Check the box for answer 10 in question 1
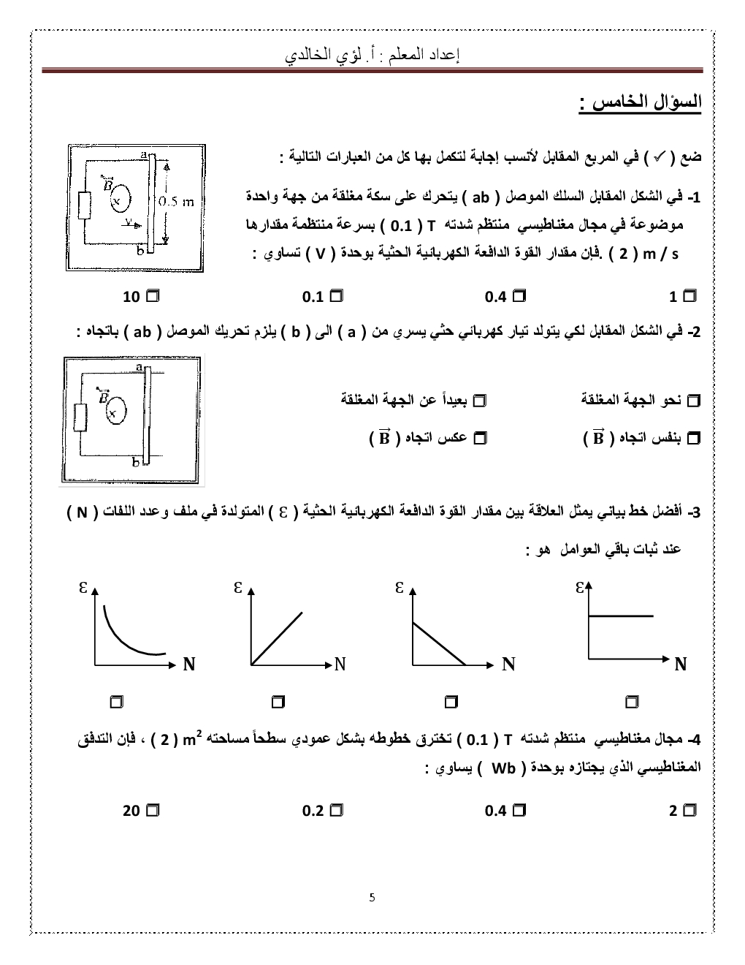click(x=153, y=296)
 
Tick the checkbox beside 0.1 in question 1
click(x=337, y=296)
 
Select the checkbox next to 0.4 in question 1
click(x=519, y=296)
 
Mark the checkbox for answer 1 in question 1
click(x=689, y=296)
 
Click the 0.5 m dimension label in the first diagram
click(x=177, y=202)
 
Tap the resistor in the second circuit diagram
click(x=80, y=417)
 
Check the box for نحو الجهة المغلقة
click(x=694, y=400)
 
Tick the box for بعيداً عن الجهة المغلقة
click(x=480, y=400)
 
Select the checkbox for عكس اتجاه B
click(x=480, y=438)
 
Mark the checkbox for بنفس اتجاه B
click(x=694, y=438)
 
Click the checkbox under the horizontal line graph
click(x=632, y=702)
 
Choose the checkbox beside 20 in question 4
click(x=153, y=810)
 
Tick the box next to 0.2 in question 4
click(x=337, y=810)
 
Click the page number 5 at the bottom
click(x=372, y=897)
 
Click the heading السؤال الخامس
click(x=640, y=102)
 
